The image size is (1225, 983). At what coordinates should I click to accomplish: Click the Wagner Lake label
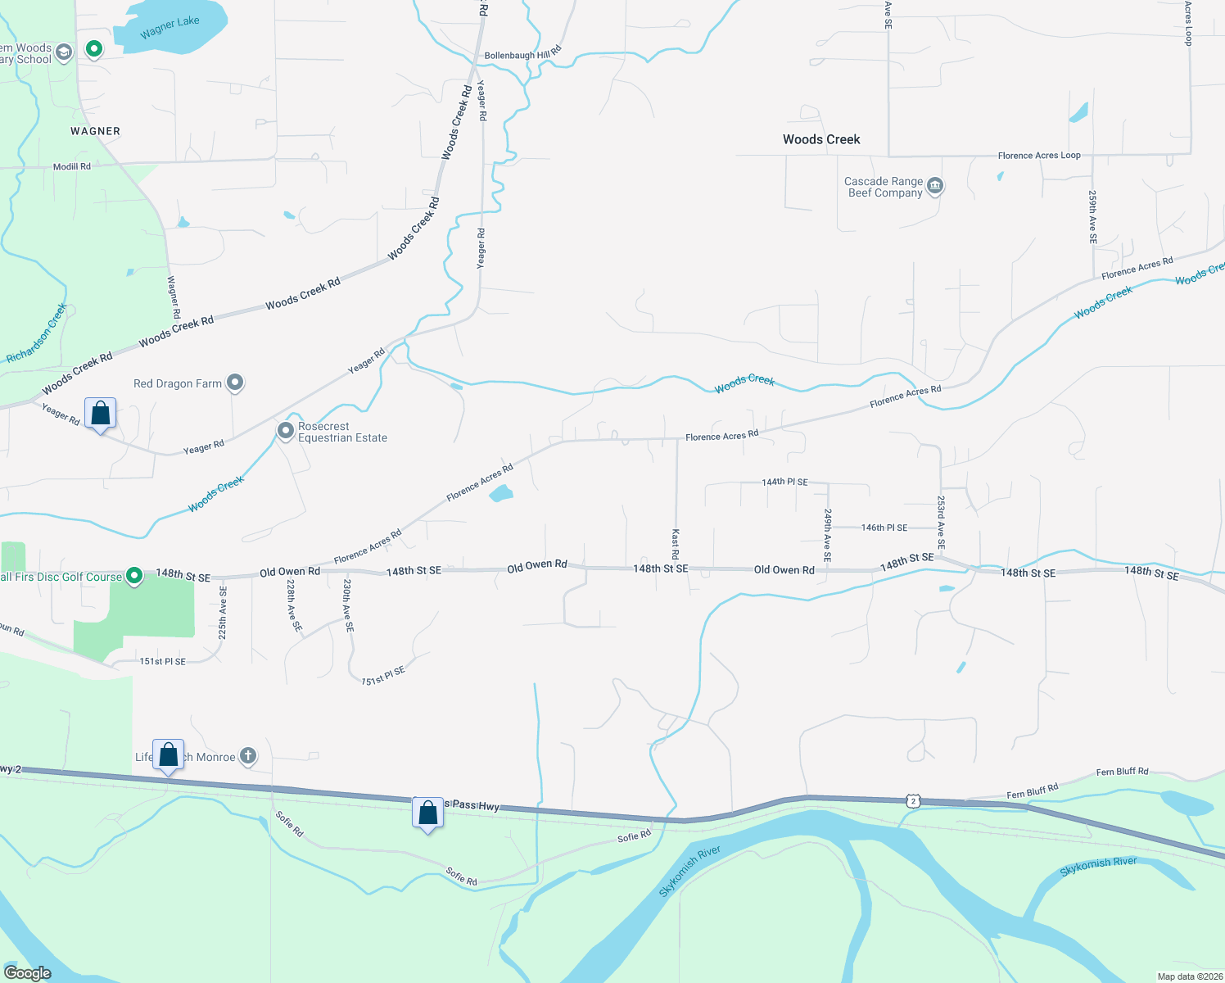(170, 27)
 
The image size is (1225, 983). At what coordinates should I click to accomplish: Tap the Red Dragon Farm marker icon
(235, 383)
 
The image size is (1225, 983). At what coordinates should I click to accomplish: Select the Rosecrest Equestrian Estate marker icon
(285, 431)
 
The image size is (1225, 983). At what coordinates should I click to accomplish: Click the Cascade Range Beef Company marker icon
(935, 187)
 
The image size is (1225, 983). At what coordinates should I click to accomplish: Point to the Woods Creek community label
(821, 139)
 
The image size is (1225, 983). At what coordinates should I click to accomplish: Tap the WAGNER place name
(95, 131)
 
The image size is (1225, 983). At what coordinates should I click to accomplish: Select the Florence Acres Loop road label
(1039, 156)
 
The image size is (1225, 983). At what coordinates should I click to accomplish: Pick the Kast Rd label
(676, 544)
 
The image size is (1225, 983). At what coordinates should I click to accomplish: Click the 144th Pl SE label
(784, 482)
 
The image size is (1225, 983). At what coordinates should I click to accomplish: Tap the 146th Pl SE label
(884, 528)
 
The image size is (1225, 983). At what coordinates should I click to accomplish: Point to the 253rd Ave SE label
(941, 522)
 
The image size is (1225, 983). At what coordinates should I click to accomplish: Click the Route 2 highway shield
(914, 801)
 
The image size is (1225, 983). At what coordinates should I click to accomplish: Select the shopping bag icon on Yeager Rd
(100, 414)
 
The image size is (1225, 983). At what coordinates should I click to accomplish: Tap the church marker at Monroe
(247, 757)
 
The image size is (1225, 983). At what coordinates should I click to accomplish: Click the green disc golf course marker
(135, 577)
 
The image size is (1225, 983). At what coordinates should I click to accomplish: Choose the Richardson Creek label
(37, 333)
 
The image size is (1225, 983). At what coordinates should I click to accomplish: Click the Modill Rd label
(72, 166)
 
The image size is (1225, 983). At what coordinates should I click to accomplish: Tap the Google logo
(27, 973)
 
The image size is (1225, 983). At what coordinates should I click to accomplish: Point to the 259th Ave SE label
(1092, 217)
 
